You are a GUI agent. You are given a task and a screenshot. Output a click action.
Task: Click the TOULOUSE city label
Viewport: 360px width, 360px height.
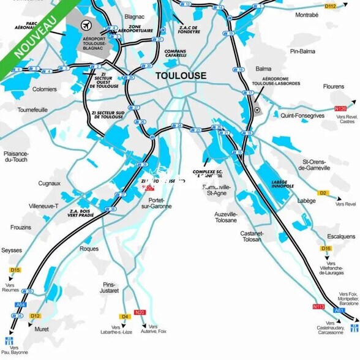[181, 76]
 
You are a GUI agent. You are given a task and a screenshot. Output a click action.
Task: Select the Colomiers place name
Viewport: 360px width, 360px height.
[44, 89]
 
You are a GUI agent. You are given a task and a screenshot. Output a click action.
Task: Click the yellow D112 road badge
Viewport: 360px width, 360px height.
[331, 6]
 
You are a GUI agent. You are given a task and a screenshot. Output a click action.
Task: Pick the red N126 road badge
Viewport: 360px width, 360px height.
[340, 108]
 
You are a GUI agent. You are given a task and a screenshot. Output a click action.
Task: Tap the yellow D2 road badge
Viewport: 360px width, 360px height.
[323, 193]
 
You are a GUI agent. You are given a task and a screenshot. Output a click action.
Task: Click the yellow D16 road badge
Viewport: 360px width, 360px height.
[326, 248]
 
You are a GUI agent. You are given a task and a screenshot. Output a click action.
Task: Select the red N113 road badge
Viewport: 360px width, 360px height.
[318, 306]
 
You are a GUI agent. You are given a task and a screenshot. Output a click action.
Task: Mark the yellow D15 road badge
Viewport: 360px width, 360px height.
[15, 270]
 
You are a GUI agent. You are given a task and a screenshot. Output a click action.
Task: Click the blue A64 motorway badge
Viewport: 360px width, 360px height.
[21, 304]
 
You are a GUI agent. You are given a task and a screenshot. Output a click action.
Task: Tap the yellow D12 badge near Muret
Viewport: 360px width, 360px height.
[35, 316]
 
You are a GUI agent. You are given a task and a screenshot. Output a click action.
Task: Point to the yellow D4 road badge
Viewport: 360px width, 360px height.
[126, 317]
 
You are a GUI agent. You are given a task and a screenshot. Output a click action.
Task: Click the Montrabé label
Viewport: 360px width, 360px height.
[307, 15]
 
